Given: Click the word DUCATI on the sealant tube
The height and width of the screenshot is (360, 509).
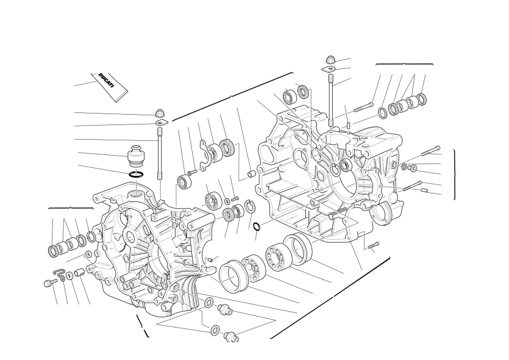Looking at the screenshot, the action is [107, 81].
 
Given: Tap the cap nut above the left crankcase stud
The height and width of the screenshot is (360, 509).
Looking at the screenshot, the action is [159, 113].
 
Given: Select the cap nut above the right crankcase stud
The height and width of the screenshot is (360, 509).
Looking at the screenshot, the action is [330, 60].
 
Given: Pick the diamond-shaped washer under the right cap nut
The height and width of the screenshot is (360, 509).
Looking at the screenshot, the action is [329, 69].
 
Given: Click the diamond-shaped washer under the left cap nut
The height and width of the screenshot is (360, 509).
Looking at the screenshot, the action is [162, 122].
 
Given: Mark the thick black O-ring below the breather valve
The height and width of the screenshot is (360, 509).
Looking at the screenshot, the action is [136, 175].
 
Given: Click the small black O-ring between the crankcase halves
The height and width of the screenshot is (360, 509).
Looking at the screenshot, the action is [257, 226].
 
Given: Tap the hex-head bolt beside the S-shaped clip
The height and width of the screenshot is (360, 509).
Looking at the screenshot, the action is [49, 283].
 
